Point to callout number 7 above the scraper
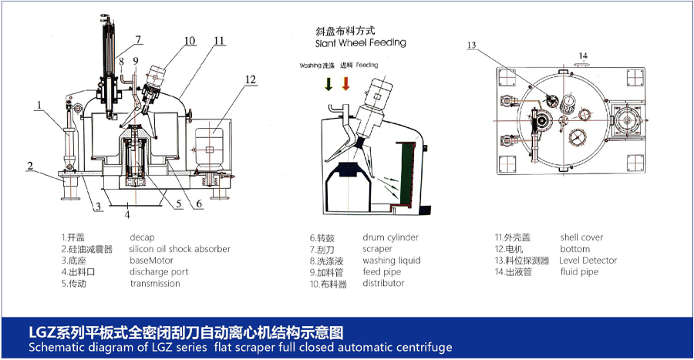tap(138, 39)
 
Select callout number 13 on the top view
tap(471, 45)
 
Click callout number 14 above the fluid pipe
tap(584, 56)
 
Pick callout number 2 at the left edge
tap(29, 166)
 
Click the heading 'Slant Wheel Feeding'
tap(360, 42)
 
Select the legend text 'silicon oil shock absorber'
tap(180, 249)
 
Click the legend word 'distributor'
tap(383, 283)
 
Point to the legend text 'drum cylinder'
tap(391, 237)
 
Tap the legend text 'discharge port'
tap(159, 271)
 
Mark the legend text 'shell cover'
tap(582, 237)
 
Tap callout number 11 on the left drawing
tap(220, 41)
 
